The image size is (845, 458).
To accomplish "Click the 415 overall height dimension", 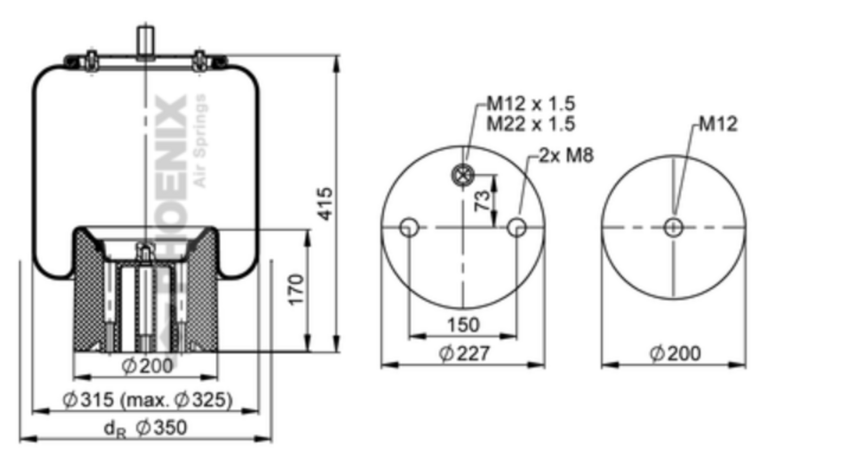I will (x=325, y=204).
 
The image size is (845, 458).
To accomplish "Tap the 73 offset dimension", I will (x=482, y=200).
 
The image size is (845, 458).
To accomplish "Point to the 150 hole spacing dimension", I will (x=463, y=325).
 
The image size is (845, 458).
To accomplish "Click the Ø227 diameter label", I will (x=464, y=354).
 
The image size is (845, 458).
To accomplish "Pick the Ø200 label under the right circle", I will (x=675, y=354).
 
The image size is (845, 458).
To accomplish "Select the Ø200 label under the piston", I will (x=147, y=366).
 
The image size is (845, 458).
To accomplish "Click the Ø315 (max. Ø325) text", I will (x=147, y=400).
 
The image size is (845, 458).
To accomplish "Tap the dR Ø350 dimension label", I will (x=145, y=428).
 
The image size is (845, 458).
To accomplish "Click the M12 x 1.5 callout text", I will (x=531, y=104).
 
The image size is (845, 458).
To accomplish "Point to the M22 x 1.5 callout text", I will (x=531, y=123).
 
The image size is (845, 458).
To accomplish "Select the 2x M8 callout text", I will (x=566, y=155).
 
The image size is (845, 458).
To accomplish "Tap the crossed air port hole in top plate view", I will (x=463, y=176).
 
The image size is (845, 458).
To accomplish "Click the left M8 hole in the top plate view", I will (x=410, y=228).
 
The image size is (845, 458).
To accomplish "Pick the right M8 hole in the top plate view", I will (x=517, y=228).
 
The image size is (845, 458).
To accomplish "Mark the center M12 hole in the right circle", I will (x=673, y=228).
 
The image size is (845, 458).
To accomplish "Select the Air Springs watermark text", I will (x=200, y=141).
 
